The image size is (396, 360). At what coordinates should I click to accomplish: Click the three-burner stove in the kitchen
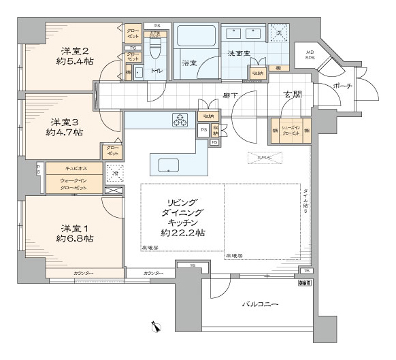click(181, 120)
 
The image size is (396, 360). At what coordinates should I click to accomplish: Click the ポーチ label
click(343, 86)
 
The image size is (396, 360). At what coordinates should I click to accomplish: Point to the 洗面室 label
click(237, 52)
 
